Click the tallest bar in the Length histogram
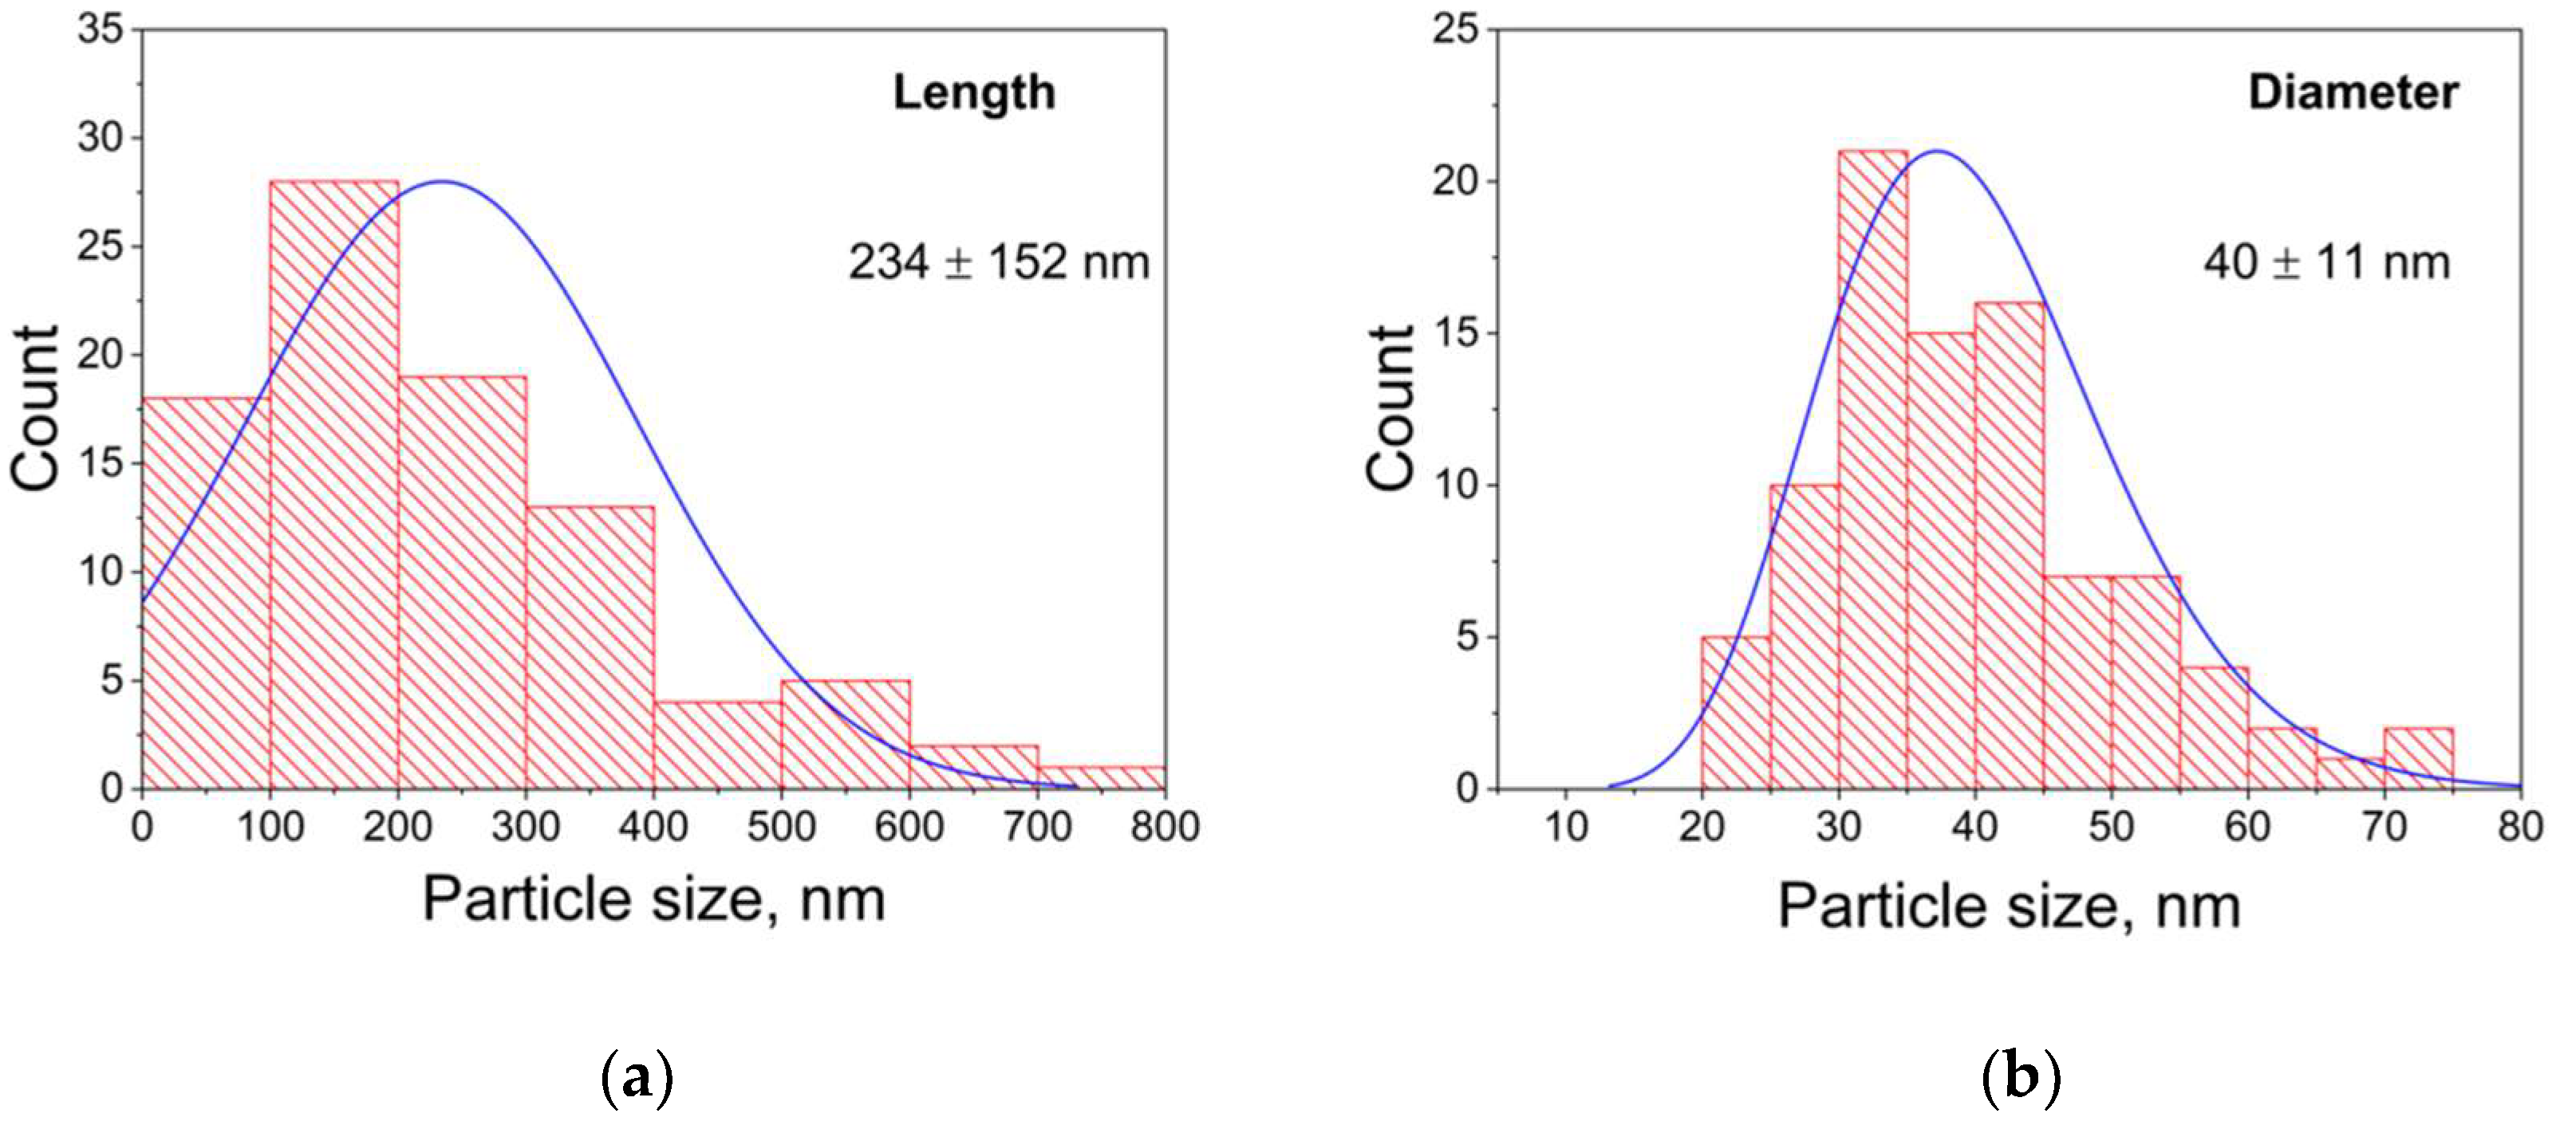pyautogui.click(x=334, y=486)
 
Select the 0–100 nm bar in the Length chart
pyautogui.click(x=206, y=594)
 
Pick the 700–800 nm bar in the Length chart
pyautogui.click(x=1101, y=777)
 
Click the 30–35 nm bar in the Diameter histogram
pyautogui.click(x=1872, y=470)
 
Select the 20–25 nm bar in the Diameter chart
pyautogui.click(x=1736, y=713)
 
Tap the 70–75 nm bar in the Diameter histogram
pyautogui.click(x=2418, y=758)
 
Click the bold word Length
pyautogui.click(x=974, y=93)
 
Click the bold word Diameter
pyautogui.click(x=2353, y=93)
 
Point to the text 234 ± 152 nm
pyautogui.click(x=999, y=263)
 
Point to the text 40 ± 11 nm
pyautogui.click(x=2326, y=263)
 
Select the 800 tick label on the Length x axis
pyautogui.click(x=1165, y=827)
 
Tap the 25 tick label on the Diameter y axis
pyautogui.click(x=1455, y=30)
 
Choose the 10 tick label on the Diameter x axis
pyautogui.click(x=1566, y=827)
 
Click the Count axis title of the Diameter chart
pyautogui.click(x=1391, y=408)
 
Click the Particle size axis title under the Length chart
pyautogui.click(x=654, y=900)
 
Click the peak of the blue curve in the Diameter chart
pyautogui.click(x=1939, y=151)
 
